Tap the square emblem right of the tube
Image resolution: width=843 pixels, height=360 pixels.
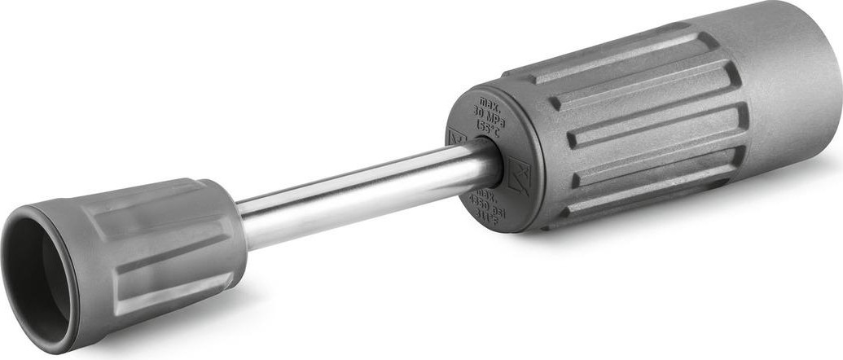point(519,175)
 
